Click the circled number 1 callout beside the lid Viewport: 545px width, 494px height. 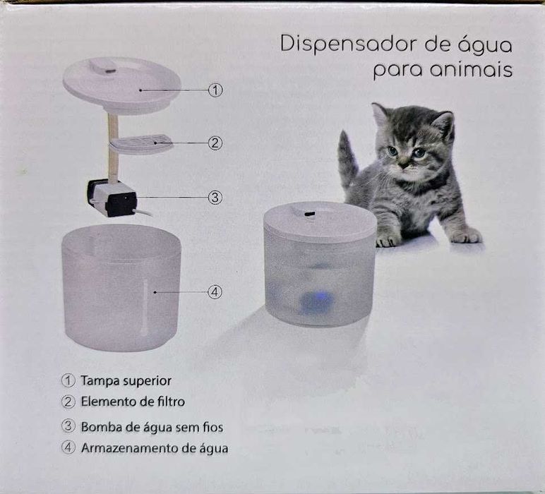(x=215, y=90)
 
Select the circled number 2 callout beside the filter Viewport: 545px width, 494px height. (x=215, y=143)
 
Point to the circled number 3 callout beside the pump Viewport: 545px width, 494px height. (x=215, y=198)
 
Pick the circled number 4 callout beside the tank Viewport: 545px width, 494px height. (x=215, y=291)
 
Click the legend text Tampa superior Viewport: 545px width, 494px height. (x=126, y=380)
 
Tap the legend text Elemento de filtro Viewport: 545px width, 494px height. (x=133, y=402)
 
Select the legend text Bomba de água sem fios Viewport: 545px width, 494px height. (x=152, y=426)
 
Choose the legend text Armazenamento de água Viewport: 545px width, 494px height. (x=154, y=447)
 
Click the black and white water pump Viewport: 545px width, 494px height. (x=112, y=198)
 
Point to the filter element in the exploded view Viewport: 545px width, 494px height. (x=141, y=143)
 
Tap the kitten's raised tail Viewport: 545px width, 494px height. (x=347, y=159)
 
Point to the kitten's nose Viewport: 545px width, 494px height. (x=403, y=164)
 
